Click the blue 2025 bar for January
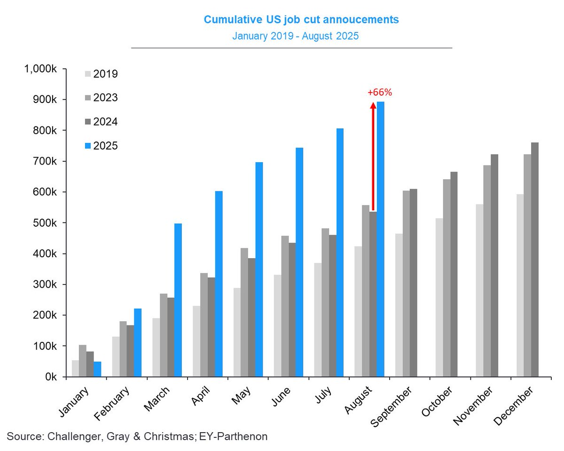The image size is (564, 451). click(x=97, y=369)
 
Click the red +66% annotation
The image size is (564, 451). click(x=380, y=93)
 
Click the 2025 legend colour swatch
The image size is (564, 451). click(x=88, y=146)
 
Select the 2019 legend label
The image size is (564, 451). click(x=105, y=74)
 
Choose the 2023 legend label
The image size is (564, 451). click(x=105, y=98)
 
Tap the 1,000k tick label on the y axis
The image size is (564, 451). click(x=40, y=69)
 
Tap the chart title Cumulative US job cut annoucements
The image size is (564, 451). click(x=301, y=20)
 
